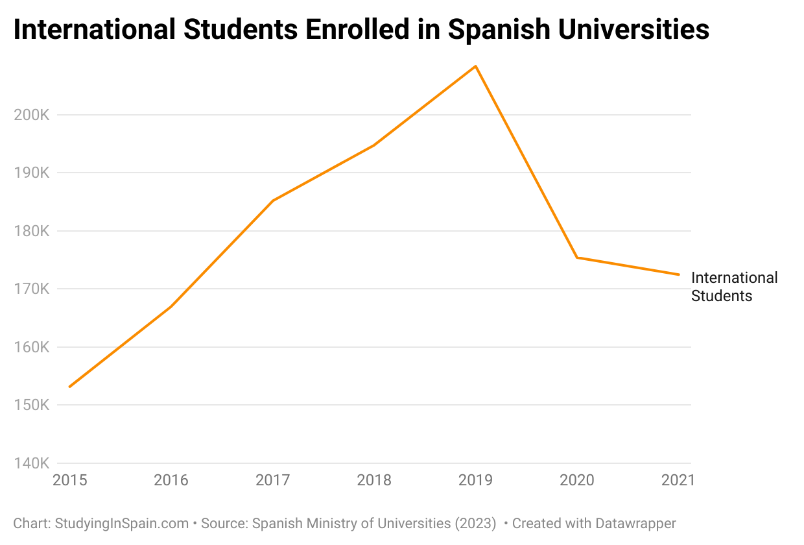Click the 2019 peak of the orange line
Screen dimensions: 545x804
pyautogui.click(x=475, y=66)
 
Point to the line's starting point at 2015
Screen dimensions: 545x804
pyautogui.click(x=69, y=387)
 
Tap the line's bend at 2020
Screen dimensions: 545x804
pyautogui.click(x=577, y=258)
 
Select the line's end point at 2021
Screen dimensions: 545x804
pyautogui.click(x=679, y=274)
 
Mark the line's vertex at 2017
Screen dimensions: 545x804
pyautogui.click(x=272, y=200)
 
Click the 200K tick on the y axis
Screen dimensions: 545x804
pyautogui.click(x=31, y=115)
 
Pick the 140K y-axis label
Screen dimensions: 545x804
pyautogui.click(x=31, y=463)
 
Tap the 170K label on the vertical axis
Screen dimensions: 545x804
pyautogui.click(x=31, y=289)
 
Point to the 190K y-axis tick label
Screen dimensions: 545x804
pyautogui.click(x=31, y=173)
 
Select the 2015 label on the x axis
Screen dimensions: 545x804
pyautogui.click(x=69, y=480)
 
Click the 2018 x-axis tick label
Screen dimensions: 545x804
pyautogui.click(x=374, y=480)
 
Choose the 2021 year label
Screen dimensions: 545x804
pyautogui.click(x=678, y=480)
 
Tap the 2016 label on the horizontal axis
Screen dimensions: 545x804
pyautogui.click(x=171, y=480)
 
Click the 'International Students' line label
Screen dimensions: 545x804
pyautogui.click(x=734, y=287)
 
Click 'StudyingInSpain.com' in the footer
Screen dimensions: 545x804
pyautogui.click(x=122, y=524)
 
